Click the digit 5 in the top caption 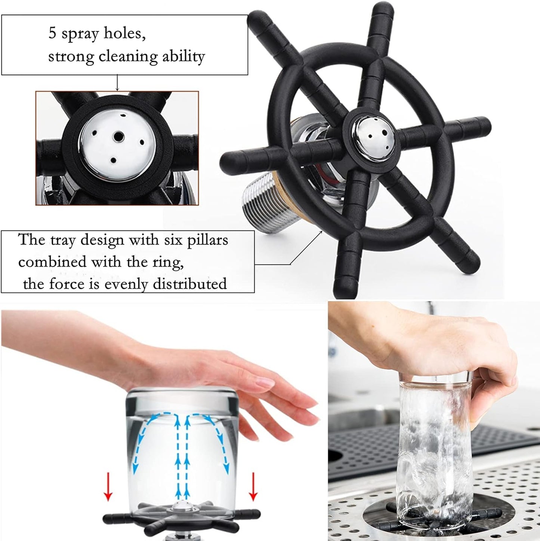point(52,33)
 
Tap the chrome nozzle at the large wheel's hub point(372,135)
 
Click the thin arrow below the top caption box point(117,83)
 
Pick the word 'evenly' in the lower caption point(126,284)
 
